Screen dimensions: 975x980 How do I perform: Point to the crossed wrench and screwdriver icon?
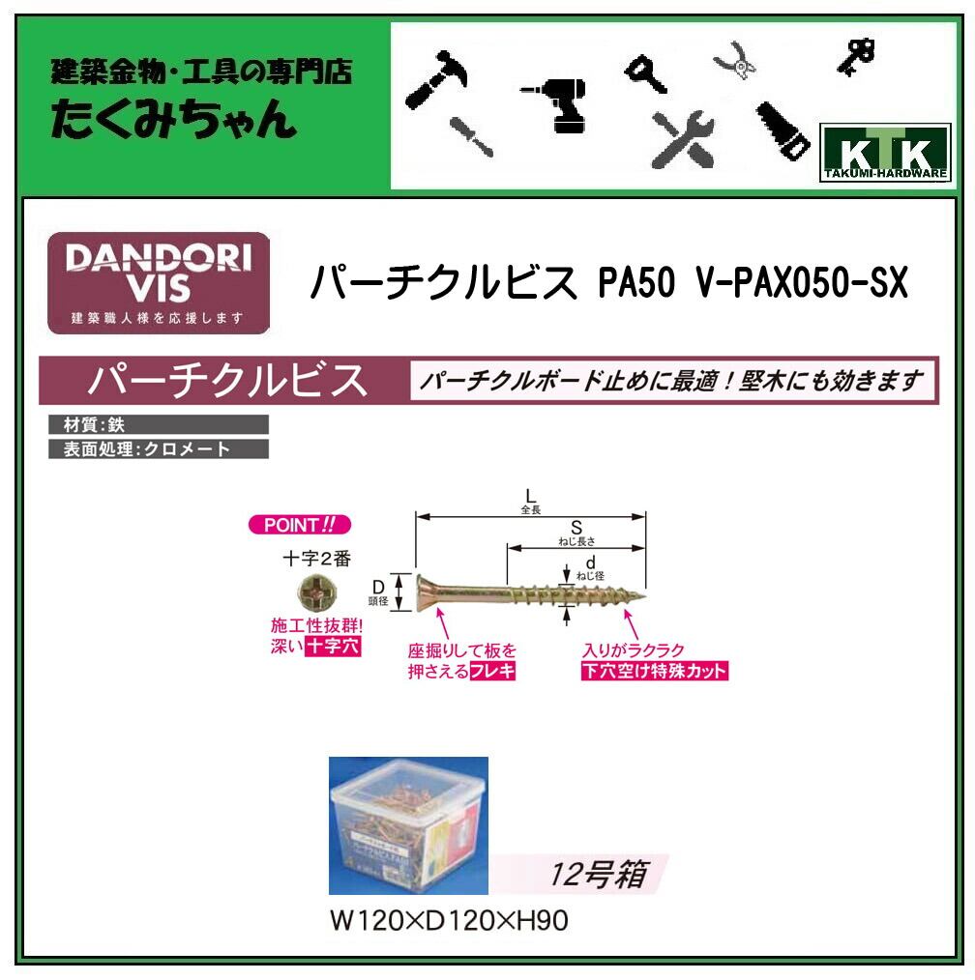(681, 136)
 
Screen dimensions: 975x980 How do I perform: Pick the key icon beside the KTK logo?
(856, 54)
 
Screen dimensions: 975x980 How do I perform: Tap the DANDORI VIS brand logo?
(159, 282)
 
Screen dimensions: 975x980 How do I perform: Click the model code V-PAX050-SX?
(802, 283)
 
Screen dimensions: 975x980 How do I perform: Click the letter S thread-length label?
(575, 528)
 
